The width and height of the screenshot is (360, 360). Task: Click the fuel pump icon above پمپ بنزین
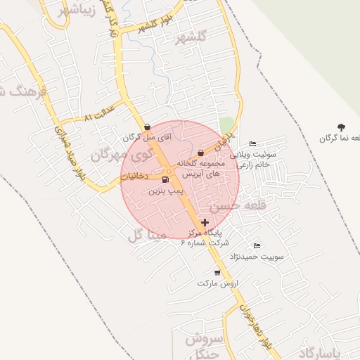(x=165, y=180)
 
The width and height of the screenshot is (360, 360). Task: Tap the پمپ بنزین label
(x=165, y=191)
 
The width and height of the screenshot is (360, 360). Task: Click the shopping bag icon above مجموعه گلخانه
(x=201, y=153)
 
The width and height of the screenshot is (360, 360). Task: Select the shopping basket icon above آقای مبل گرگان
(x=146, y=127)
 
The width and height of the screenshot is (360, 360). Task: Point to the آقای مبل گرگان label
(x=146, y=138)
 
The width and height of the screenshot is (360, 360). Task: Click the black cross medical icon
(x=205, y=222)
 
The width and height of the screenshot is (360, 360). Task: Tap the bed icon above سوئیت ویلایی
(x=253, y=144)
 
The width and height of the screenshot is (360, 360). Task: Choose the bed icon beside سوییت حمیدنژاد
(x=257, y=246)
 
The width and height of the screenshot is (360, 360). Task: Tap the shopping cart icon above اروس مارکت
(x=217, y=272)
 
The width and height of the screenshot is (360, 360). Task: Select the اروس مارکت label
(x=219, y=283)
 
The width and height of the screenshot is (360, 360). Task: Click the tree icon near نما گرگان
(x=341, y=127)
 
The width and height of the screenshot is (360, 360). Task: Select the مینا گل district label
(x=144, y=235)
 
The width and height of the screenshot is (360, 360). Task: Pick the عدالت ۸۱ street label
(x=98, y=113)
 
